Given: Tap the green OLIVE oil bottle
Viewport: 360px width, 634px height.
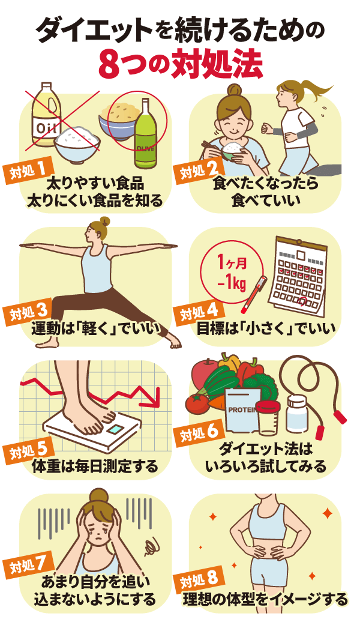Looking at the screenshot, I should pos(145,135).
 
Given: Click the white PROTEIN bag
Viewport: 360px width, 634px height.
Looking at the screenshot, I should pos(244,414).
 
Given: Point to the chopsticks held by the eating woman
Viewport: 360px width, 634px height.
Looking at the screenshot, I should pos(208,146).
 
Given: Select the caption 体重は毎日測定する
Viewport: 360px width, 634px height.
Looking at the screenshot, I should pos(94,465).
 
